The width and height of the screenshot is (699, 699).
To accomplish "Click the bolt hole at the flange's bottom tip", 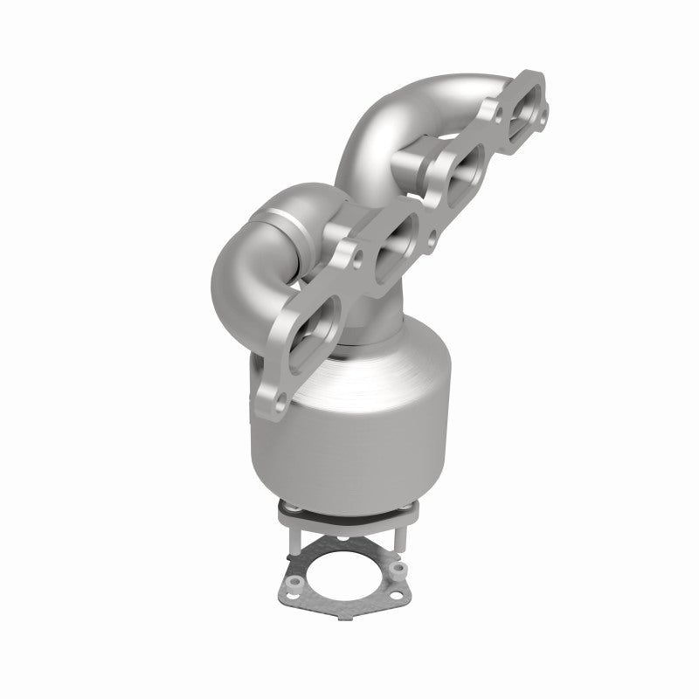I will pyautogui.click(x=279, y=405).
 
